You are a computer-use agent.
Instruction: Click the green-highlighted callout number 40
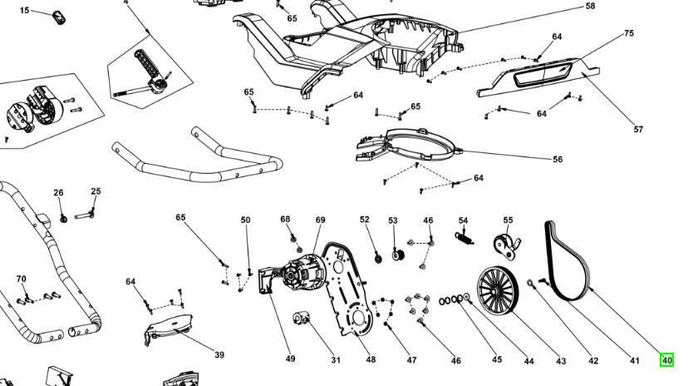click(666, 360)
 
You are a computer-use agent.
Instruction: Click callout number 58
click(590, 7)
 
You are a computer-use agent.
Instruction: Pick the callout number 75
click(629, 33)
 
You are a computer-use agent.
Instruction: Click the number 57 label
click(639, 129)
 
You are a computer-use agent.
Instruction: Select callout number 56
click(558, 159)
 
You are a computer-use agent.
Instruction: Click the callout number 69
click(320, 220)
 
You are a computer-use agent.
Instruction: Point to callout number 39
click(219, 355)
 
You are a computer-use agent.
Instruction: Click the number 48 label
click(371, 360)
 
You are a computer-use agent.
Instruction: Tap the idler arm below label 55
click(506, 245)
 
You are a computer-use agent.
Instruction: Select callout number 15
click(24, 11)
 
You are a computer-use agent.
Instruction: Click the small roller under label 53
click(396, 255)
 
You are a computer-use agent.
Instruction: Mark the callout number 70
click(22, 279)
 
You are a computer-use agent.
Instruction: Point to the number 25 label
click(96, 191)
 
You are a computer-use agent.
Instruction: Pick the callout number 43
click(561, 360)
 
